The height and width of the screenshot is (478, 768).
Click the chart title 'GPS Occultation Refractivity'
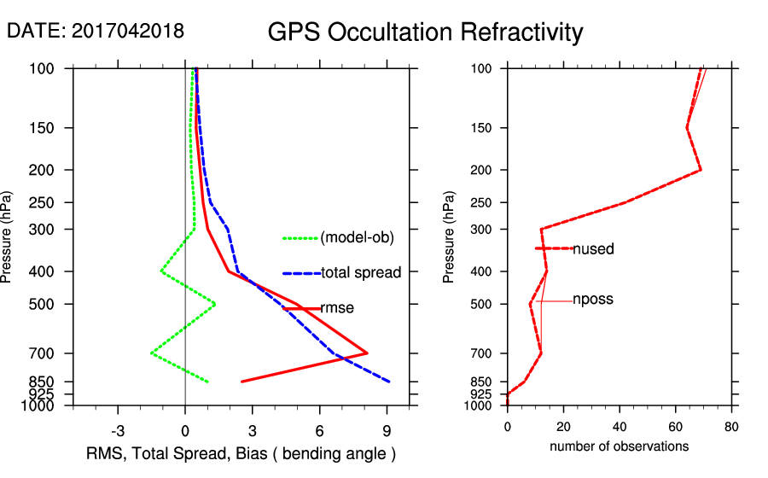click(425, 32)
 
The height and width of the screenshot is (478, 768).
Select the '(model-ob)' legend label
click(357, 238)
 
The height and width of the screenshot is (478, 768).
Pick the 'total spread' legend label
click(361, 273)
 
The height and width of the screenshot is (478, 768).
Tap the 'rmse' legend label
click(337, 308)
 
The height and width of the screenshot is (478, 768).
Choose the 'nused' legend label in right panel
click(593, 249)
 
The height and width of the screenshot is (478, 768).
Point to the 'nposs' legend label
click(593, 300)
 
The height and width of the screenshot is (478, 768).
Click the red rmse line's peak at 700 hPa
click(367, 353)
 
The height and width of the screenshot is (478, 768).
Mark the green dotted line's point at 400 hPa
click(161, 271)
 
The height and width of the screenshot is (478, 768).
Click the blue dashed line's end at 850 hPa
click(389, 382)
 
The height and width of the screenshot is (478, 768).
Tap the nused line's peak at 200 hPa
click(701, 170)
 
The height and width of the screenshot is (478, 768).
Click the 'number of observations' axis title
click(619, 446)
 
